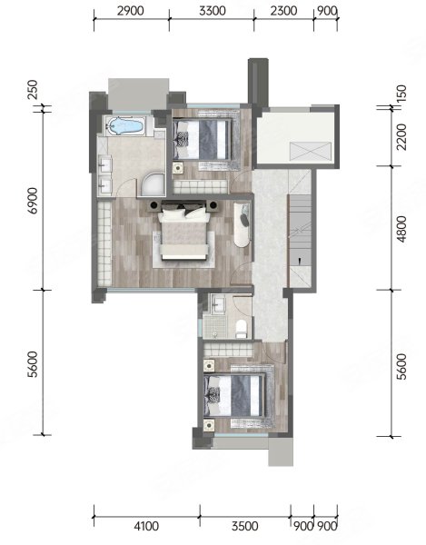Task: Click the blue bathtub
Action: click(124, 126)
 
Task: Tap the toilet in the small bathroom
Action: click(241, 329)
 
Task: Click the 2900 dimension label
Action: click(130, 11)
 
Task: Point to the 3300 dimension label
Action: click(213, 11)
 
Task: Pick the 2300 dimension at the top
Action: click(283, 11)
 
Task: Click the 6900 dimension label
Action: click(33, 202)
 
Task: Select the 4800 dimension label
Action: click(401, 229)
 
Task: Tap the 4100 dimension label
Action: click(146, 526)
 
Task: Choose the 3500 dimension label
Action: click(244, 526)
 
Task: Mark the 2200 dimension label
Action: click(401, 136)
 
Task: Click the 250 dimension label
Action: click(33, 90)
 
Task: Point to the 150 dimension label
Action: click(401, 94)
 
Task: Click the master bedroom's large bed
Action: click(184, 233)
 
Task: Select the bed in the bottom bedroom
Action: click(233, 395)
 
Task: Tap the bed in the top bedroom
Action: click(203, 139)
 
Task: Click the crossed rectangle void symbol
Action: click(311, 152)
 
